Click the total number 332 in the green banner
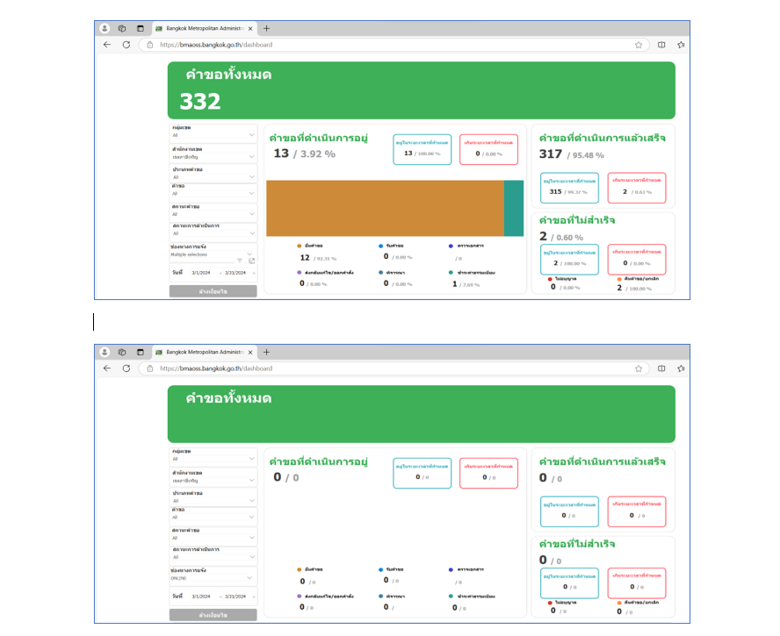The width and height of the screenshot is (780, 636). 200,102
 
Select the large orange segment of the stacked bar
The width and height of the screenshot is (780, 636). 385,208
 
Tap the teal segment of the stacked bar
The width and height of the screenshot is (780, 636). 513,208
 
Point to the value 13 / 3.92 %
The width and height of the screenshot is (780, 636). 304,154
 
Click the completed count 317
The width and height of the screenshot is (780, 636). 551,154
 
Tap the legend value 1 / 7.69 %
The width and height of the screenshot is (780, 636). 466,284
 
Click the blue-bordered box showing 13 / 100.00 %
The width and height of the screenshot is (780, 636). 422,150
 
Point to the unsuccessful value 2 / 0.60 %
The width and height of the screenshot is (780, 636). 561,237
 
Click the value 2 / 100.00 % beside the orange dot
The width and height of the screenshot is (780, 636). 632,288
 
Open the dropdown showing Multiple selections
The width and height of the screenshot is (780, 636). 213,254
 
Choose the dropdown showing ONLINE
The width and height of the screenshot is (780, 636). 213,578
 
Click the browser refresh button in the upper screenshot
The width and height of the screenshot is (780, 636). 126,45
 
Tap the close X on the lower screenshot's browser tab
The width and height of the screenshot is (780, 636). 250,352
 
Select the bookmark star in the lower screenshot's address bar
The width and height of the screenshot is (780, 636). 639,368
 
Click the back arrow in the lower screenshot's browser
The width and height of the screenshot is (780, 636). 107,368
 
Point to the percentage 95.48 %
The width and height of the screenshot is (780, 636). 586,155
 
